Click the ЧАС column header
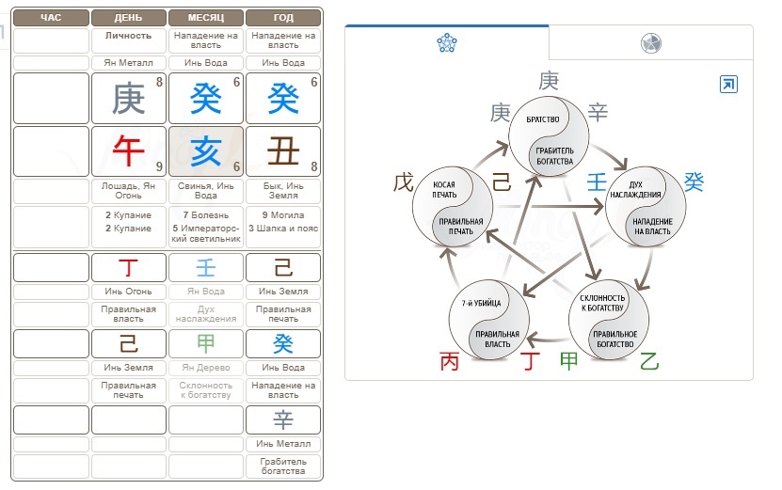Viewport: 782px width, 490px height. (51, 18)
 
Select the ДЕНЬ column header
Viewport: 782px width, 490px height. (129, 18)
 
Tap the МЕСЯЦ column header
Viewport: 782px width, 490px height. (206, 18)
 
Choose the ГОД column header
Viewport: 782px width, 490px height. (283, 18)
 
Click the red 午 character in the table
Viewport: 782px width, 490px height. (129, 150)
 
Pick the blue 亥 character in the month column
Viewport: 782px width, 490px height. (206, 150)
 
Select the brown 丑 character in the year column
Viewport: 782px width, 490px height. (283, 150)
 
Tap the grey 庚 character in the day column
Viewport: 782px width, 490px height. (129, 98)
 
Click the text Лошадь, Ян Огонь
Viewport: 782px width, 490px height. (129, 191)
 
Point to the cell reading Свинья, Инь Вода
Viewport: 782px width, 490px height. (206, 191)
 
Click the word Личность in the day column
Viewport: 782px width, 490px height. (129, 35)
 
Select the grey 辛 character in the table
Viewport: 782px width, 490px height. (283, 419)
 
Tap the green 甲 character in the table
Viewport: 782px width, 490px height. (206, 343)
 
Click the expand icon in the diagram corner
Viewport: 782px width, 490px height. (728, 85)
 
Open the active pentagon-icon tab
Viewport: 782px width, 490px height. (446, 42)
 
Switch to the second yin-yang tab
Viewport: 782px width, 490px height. (650, 43)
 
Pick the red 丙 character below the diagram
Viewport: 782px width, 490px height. (451, 361)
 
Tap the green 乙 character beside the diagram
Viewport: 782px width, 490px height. (649, 360)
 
